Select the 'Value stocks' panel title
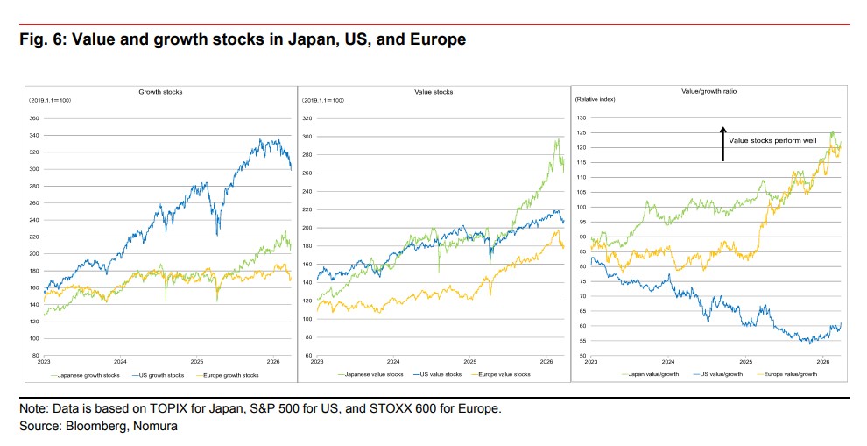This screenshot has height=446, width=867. [x=433, y=92]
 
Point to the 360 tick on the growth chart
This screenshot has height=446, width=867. [x=35, y=118]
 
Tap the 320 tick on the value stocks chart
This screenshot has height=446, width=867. [x=307, y=118]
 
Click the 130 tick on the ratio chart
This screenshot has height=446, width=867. [x=581, y=117]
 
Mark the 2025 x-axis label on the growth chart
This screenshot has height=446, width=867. [x=197, y=361]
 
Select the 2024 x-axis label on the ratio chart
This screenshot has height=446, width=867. [x=668, y=361]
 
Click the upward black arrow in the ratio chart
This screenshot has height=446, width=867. [x=723, y=144]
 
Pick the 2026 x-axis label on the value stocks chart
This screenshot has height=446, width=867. [x=548, y=361]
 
